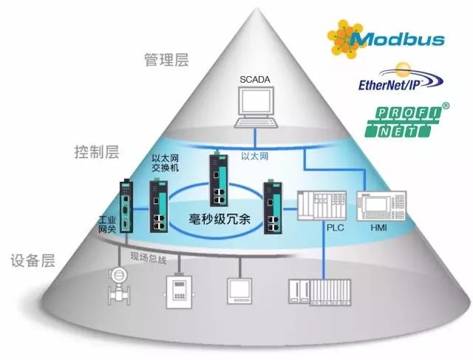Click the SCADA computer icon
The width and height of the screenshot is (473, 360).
[x=253, y=106]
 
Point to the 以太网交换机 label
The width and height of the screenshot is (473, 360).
[x=166, y=163]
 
